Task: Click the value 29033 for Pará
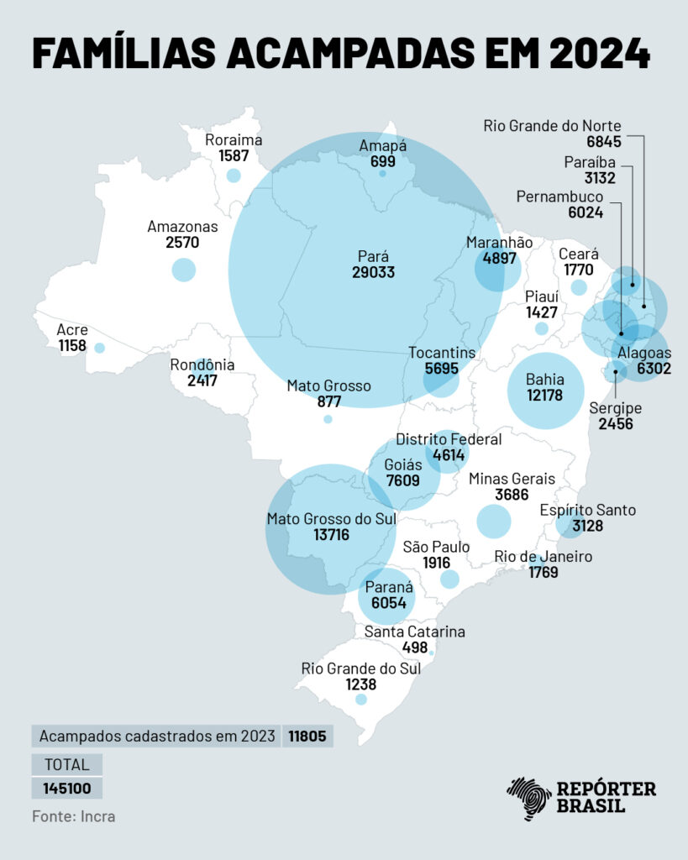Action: [x=374, y=273]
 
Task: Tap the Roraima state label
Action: [x=234, y=140]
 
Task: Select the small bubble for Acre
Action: [x=100, y=348]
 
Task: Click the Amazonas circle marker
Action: [x=183, y=270]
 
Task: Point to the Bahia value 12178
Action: [x=544, y=396]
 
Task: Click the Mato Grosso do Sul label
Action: [x=331, y=519]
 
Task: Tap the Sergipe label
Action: [x=616, y=408]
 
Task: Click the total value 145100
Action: [x=67, y=789]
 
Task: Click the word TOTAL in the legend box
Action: [x=67, y=764]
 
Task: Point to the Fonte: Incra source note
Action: [x=74, y=815]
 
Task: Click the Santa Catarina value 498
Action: [x=415, y=648]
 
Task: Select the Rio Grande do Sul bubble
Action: [x=361, y=699]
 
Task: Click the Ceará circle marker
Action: [x=579, y=287]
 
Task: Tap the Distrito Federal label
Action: [x=449, y=439]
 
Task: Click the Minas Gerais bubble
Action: [x=494, y=521]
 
